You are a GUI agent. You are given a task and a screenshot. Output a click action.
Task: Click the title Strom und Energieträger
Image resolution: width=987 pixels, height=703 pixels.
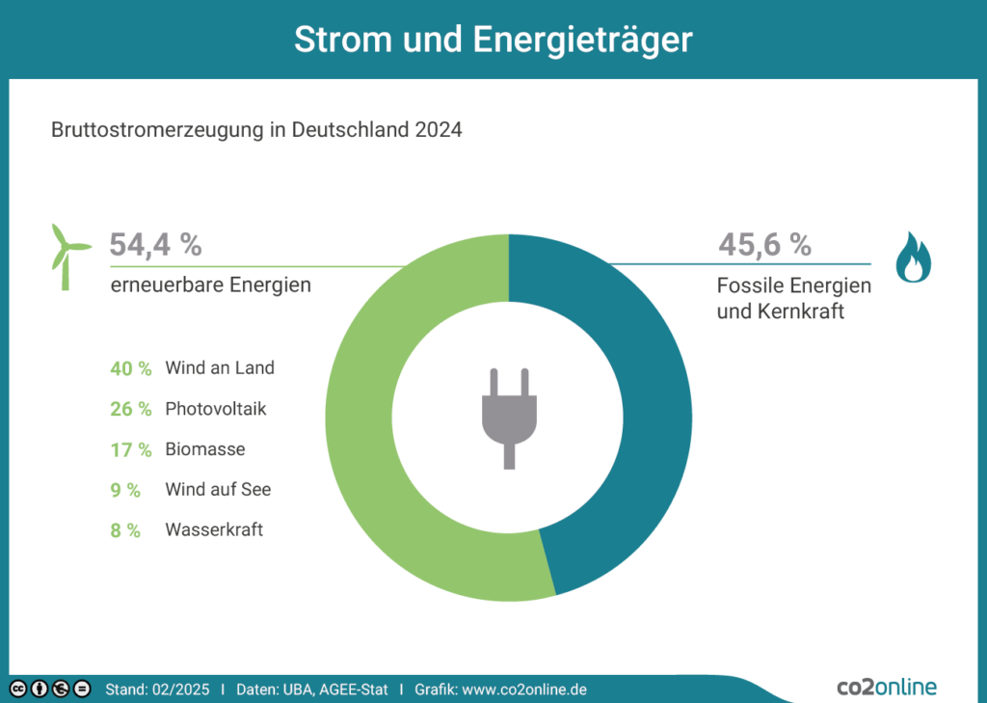(x=493, y=40)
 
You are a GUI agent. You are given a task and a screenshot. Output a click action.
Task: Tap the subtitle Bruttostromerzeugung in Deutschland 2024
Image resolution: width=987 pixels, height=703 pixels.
(x=256, y=129)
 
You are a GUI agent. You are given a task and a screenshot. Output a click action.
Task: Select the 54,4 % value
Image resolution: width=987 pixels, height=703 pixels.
(x=155, y=245)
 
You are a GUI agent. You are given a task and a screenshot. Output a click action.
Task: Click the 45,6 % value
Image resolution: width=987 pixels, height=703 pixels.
(x=764, y=245)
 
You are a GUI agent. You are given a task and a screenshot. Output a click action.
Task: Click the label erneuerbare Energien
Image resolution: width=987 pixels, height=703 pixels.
(x=210, y=285)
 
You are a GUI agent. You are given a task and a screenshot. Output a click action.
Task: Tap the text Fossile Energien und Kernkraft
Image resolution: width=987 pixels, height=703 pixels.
(x=793, y=298)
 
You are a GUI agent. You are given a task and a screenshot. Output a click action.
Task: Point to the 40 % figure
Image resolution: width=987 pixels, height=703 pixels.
(x=131, y=368)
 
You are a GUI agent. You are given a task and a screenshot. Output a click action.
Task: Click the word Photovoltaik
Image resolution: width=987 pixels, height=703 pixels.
(x=216, y=409)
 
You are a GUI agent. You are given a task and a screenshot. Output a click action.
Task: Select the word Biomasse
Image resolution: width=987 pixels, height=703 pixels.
(x=205, y=449)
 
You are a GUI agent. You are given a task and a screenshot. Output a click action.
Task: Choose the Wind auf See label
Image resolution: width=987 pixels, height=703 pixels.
(x=218, y=490)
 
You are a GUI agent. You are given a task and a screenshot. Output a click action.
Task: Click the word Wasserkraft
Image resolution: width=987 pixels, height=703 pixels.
(x=214, y=529)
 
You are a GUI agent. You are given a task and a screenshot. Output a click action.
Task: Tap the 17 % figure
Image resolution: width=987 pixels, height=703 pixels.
(x=131, y=449)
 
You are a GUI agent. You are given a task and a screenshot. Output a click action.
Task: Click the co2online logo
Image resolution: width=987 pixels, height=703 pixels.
(x=886, y=687)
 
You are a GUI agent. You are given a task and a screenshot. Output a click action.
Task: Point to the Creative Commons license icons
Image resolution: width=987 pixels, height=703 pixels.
(x=50, y=689)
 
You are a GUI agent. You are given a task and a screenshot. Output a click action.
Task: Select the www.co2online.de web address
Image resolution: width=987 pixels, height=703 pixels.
(x=525, y=689)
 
